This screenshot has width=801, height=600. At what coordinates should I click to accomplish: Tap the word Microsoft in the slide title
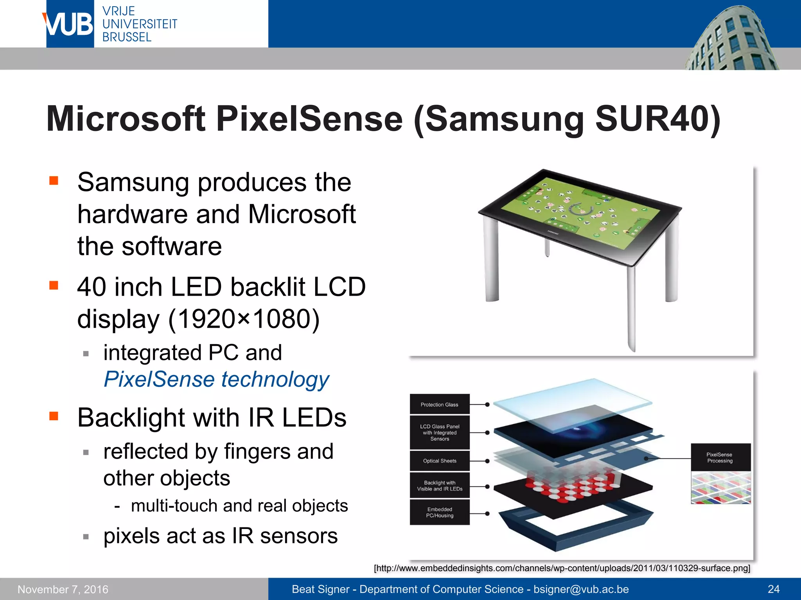[126, 119]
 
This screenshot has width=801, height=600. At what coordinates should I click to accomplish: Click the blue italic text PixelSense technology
[216, 379]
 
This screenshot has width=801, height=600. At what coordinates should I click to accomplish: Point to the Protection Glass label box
[439, 405]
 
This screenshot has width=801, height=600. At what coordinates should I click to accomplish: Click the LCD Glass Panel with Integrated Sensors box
[439, 433]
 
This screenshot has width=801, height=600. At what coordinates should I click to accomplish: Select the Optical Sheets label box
[439, 461]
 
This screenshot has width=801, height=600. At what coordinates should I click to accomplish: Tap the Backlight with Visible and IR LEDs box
[439, 486]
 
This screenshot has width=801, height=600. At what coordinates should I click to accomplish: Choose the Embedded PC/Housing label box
[439, 512]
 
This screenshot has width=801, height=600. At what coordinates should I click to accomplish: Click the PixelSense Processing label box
[720, 458]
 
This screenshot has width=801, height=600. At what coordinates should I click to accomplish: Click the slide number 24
[773, 589]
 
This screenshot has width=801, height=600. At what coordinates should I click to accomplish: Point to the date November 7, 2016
[63, 589]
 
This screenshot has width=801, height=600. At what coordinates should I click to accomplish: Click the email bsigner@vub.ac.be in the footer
[581, 589]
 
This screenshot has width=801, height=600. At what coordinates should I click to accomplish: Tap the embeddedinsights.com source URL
[562, 568]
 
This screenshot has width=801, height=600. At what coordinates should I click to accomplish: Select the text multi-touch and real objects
[239, 506]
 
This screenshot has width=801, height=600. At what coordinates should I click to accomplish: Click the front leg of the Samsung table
[630, 309]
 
